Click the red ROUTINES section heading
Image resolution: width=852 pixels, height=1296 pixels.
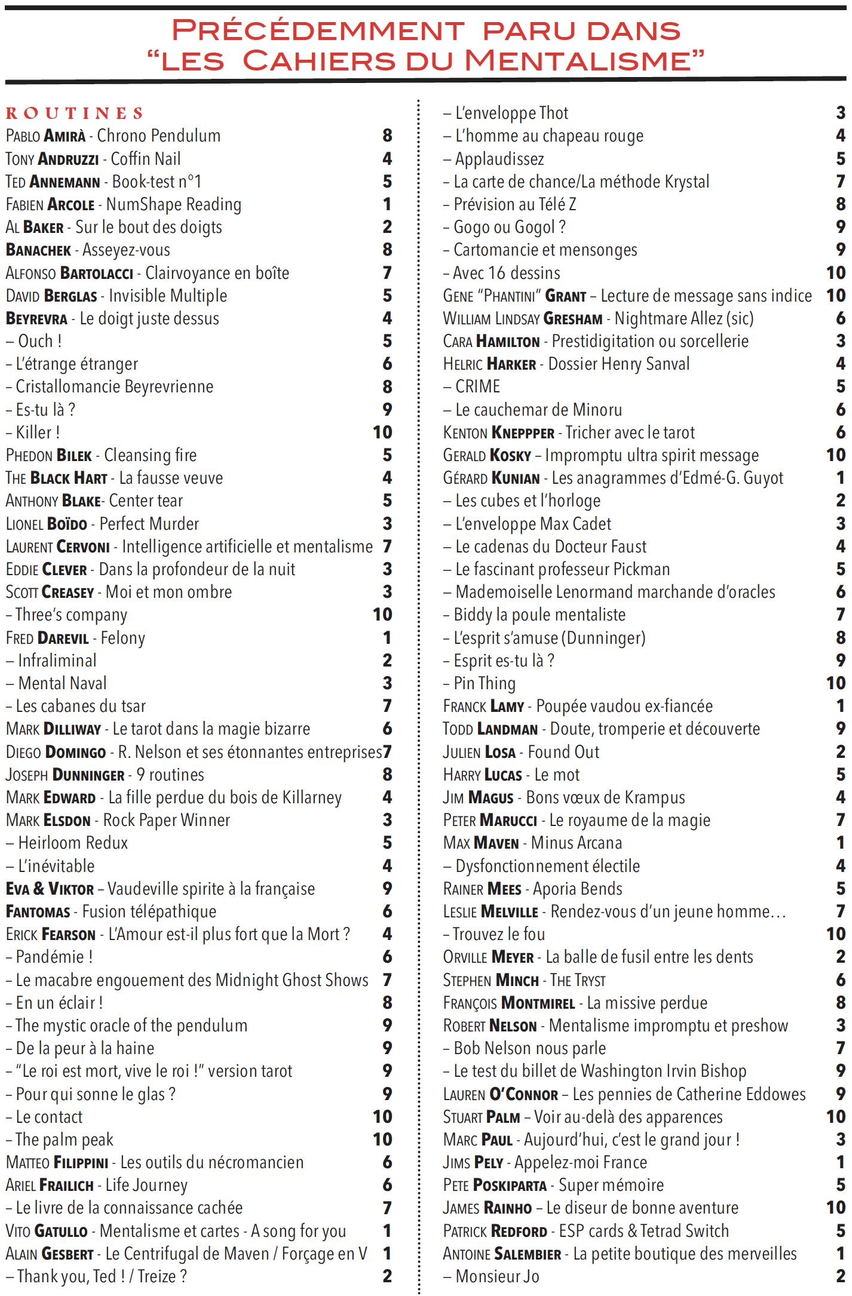coord(75,113)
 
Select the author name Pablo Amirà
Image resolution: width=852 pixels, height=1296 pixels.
coord(45,136)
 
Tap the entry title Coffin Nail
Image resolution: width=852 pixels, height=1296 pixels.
coord(146,159)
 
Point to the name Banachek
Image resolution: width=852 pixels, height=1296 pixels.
coord(38,250)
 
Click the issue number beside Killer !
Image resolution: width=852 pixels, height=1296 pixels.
coord(382,432)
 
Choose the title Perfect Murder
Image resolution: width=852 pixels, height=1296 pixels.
coord(149,524)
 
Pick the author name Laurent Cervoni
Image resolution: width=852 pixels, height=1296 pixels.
coord(58,547)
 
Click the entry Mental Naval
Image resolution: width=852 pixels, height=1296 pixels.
coord(62,683)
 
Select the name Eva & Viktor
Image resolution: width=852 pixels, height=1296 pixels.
coord(50,889)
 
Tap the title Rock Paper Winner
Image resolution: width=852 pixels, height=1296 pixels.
coord(167,820)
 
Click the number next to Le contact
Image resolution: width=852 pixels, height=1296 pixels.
coord(382,1116)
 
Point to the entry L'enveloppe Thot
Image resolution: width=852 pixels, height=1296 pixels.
coord(511,113)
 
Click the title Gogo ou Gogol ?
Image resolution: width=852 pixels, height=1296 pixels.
coord(509,227)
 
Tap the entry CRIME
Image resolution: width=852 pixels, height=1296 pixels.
coord(477,386)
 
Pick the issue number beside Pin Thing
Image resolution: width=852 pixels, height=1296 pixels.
coord(835,683)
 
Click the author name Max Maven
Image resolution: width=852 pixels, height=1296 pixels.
coord(481,843)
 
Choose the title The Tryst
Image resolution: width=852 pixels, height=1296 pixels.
coord(578,980)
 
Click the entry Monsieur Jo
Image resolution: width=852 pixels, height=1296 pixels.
coord(497,1276)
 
